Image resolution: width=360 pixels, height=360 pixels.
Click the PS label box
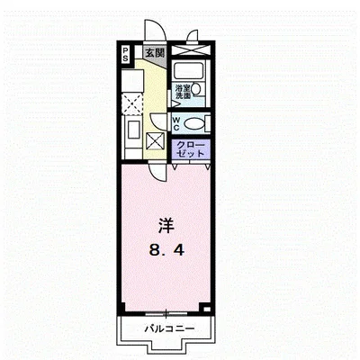coord(127,53)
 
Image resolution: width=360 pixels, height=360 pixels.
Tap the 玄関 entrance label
coord(154,52)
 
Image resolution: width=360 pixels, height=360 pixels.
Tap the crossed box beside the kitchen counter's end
coord(154,140)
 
